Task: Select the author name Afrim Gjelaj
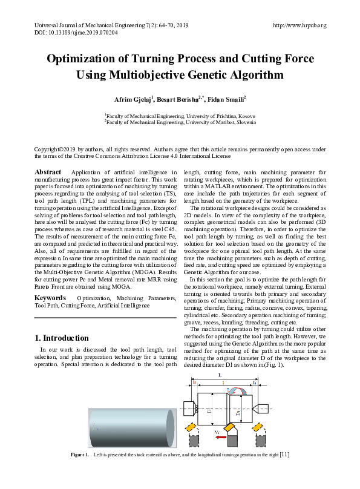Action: tap(134, 99)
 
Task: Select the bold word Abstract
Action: tap(48, 172)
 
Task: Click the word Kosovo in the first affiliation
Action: tap(244, 115)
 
